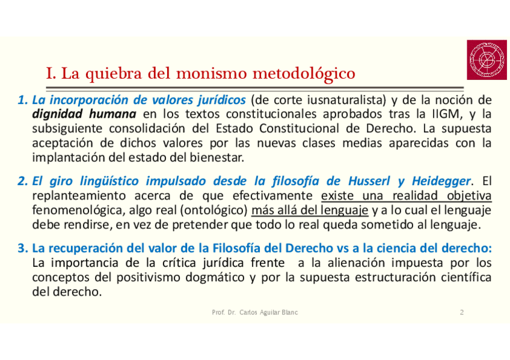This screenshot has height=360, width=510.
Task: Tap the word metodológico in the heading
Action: [305, 75]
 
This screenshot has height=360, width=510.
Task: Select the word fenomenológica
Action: [74, 211]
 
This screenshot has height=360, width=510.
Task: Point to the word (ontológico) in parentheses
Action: [220, 211]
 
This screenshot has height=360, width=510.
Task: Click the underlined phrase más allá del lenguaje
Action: [310, 211]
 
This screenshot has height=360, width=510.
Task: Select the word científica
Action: [459, 278]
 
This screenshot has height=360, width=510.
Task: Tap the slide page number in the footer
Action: [461, 313]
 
